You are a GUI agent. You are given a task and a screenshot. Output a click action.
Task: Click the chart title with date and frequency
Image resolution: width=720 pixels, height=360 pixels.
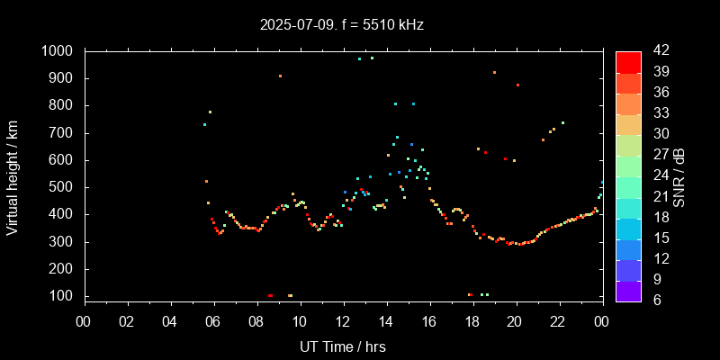[342, 24]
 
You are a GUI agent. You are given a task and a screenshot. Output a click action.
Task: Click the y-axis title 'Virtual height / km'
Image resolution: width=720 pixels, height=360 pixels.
[13, 174]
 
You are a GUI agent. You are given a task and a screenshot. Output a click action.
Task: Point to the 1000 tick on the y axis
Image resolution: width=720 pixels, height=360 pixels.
[58, 51]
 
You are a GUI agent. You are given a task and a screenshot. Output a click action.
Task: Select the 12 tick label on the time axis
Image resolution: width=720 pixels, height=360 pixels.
[343, 321]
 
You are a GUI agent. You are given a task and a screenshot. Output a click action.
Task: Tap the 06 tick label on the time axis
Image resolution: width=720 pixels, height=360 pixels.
[213, 321]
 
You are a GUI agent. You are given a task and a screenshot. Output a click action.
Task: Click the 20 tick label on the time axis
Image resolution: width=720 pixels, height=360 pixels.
[516, 321]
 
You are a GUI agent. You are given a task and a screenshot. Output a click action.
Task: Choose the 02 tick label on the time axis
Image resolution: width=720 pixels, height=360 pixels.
[127, 321]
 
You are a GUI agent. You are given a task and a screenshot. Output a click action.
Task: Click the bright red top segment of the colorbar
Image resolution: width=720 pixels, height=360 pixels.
[628, 61]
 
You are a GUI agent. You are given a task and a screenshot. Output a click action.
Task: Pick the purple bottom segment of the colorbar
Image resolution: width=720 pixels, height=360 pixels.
[628, 291]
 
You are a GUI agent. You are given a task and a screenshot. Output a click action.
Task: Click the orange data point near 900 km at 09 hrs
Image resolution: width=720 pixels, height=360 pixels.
[280, 76]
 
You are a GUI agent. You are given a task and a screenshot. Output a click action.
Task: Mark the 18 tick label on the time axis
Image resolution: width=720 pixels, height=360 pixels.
[472, 321]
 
